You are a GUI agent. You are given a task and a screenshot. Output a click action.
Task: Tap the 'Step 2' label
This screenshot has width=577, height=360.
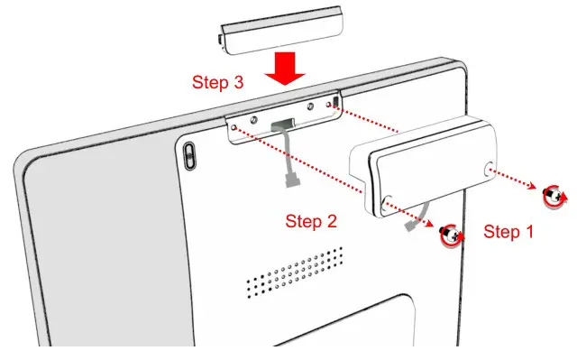pos(311,220)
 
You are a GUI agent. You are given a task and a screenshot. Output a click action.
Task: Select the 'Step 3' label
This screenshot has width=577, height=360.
pos(217,82)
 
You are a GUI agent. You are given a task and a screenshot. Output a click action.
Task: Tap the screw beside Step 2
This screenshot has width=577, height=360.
pos(448,235)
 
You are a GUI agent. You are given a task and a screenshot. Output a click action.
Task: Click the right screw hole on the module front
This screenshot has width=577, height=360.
pos(489,169)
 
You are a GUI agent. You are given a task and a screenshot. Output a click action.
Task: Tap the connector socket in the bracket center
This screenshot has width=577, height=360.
pos(282,124)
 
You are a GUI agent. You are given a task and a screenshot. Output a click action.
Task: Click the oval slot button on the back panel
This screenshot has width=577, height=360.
pos(189,154)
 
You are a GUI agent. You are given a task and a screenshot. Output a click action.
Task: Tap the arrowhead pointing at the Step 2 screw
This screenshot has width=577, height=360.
pos(431,226)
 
